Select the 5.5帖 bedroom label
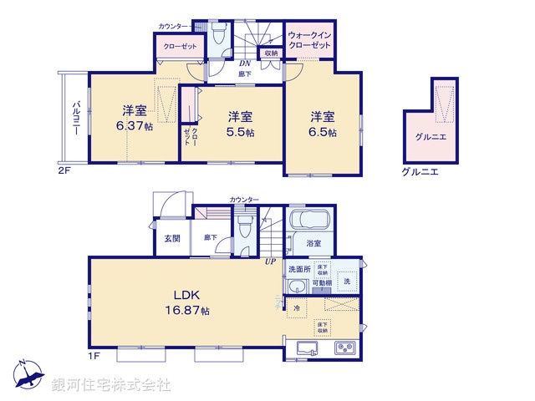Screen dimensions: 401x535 click(x=242, y=124)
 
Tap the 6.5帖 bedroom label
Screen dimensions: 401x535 click(x=324, y=123)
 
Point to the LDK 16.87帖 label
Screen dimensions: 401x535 click(x=191, y=302)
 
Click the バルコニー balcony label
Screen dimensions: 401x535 click(x=75, y=117)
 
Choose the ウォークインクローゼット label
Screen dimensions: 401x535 click(x=311, y=41)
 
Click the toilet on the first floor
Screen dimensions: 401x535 click(x=245, y=226)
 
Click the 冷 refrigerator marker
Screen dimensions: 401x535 click(x=297, y=308)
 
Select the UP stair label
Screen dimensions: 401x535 click(x=270, y=262)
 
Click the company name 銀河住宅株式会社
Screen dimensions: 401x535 click(x=111, y=385)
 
